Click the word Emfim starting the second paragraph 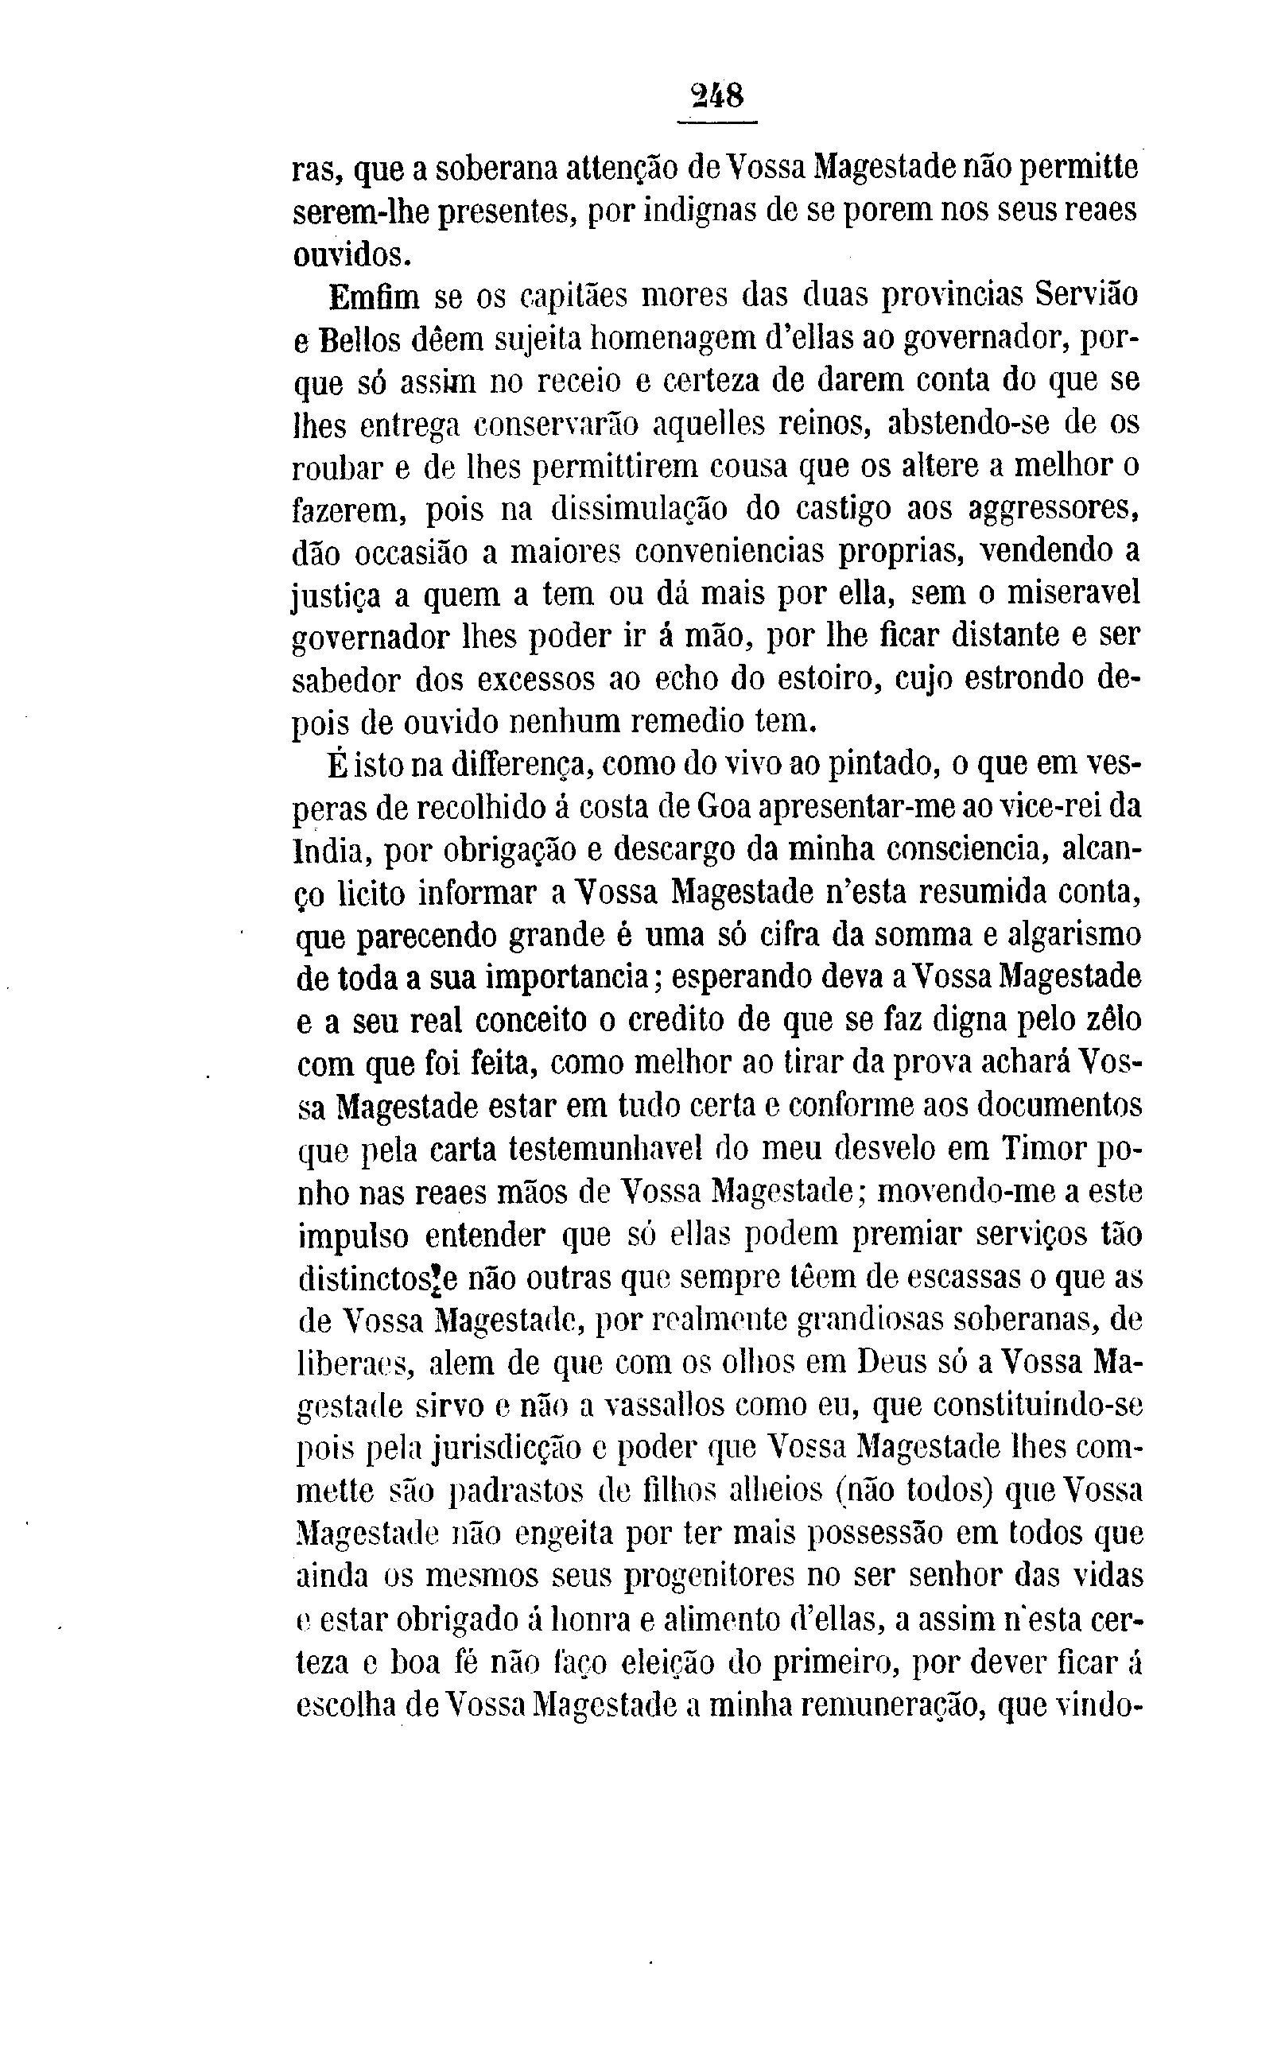point(373,297)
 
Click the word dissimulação point(638,510)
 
